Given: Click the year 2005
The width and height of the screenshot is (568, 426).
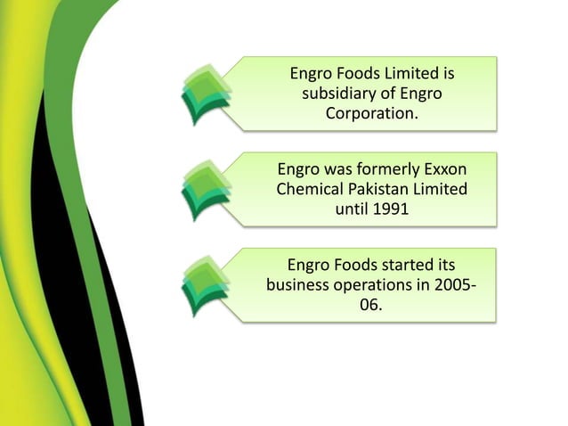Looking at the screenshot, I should coord(452,286).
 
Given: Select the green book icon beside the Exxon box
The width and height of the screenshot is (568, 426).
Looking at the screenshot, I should coord(207,189).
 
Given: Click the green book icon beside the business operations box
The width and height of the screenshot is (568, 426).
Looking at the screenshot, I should coord(207,284).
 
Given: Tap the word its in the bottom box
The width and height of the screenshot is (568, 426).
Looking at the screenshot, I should coord(442,265).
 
